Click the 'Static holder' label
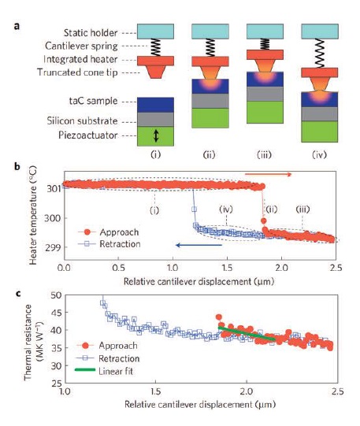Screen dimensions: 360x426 pos(91,33)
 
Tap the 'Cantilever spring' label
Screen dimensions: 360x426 pos(81,46)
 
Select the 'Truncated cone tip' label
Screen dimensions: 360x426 pos(77,72)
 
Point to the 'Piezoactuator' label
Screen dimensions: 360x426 pos(88,135)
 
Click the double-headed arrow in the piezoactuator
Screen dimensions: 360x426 pos(156,136)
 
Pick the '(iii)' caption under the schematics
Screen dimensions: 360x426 pos(265,154)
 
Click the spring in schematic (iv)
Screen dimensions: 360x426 pos(320,54)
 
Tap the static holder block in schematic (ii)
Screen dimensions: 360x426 pos(210,31)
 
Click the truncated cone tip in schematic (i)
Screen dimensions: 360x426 pos(155,72)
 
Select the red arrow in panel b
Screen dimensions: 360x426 pos(268,175)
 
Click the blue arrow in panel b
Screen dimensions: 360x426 pos(199,246)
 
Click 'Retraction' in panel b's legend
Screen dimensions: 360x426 pos(120,244)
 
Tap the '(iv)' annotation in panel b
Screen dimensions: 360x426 pos(226,209)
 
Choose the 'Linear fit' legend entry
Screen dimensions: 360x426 pos(116,371)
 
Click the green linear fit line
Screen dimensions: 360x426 pos(247,334)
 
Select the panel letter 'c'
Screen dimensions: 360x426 pos(18,294)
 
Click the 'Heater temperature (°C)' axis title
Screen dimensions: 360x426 pos(33,215)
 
